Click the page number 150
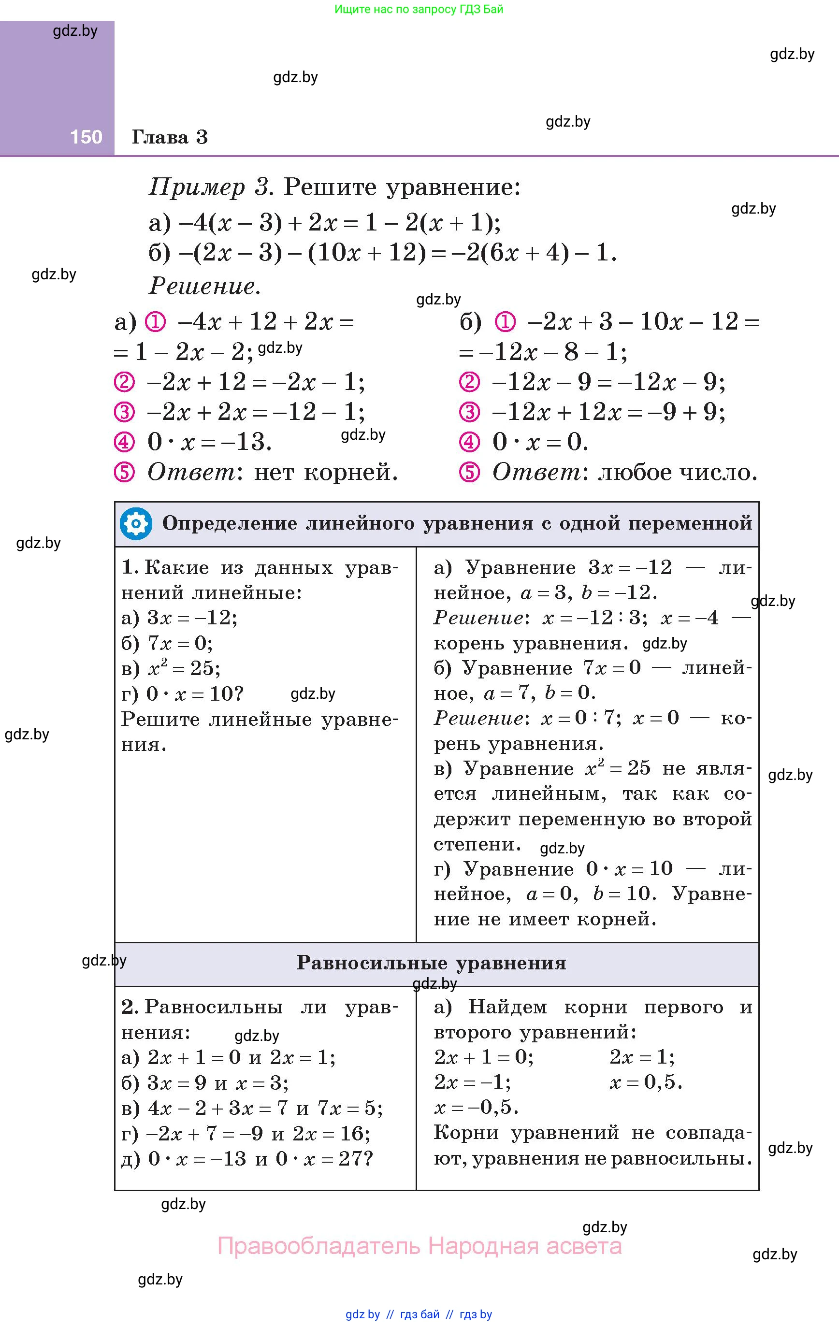[x=86, y=137]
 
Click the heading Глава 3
[x=170, y=137]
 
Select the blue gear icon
[x=136, y=523]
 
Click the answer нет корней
[x=326, y=472]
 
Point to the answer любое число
[x=678, y=472]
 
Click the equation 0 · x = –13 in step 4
[x=209, y=442]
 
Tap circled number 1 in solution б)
[x=505, y=321]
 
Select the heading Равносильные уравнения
[x=432, y=963]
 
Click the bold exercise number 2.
[x=130, y=1007]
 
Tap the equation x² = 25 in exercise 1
[x=184, y=668]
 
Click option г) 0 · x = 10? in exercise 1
[x=182, y=693]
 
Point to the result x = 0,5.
[x=646, y=1082]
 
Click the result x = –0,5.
[x=476, y=1107]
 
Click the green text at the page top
[x=419, y=9]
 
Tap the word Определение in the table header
[x=229, y=523]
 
